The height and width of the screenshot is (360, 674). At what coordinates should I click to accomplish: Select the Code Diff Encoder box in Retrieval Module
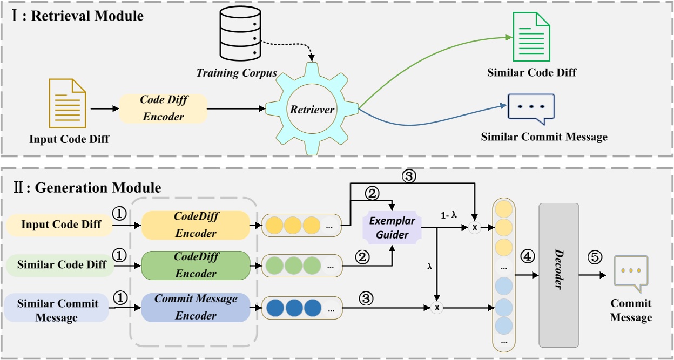[163, 108]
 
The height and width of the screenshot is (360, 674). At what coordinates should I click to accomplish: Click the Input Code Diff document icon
[68, 103]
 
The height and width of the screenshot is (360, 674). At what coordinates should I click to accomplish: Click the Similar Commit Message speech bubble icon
[531, 108]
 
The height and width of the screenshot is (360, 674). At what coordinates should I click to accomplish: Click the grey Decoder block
[558, 275]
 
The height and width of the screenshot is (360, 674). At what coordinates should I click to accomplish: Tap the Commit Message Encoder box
[196, 307]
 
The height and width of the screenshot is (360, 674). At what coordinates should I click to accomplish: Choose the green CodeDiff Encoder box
[196, 265]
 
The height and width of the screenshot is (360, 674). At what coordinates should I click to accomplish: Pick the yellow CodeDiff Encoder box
[196, 225]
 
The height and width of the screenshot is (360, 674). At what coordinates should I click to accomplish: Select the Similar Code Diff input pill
[60, 265]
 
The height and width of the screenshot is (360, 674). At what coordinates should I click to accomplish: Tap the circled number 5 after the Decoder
[594, 257]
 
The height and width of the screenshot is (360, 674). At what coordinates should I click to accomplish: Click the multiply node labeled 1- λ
[475, 228]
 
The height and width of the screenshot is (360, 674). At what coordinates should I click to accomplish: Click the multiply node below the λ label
[438, 308]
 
